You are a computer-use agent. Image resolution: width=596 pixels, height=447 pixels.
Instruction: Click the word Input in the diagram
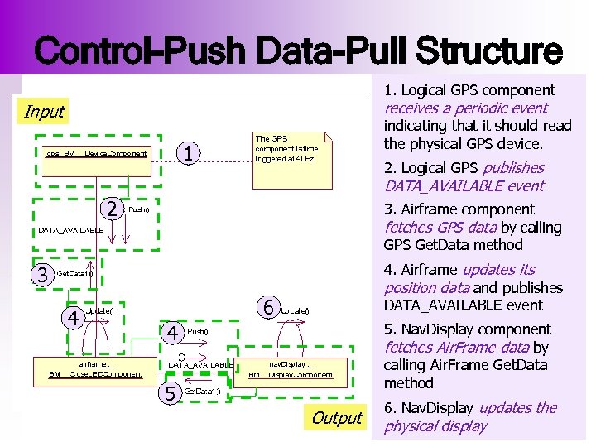coord(44,111)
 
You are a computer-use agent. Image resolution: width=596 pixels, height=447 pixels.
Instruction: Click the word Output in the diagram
coord(336,418)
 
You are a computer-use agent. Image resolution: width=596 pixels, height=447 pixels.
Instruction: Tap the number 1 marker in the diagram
coord(190,153)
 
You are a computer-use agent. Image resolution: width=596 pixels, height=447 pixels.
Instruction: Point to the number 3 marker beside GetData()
coord(39,274)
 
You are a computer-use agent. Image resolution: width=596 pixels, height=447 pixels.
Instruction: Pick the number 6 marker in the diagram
coord(267,308)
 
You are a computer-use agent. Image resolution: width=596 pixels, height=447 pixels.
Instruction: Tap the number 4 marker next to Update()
coord(73,317)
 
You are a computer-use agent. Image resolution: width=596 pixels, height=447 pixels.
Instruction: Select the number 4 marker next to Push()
coord(172,333)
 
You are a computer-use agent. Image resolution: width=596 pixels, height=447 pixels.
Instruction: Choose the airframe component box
coord(96,368)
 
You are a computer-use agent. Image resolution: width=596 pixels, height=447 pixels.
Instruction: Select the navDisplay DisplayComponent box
coord(290,368)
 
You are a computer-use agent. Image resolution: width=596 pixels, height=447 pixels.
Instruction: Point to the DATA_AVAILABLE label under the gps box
coord(70,229)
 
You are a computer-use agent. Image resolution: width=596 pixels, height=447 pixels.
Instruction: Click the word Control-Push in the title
coord(141,51)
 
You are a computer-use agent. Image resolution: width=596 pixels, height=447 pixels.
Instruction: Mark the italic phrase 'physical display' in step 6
coord(435,426)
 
